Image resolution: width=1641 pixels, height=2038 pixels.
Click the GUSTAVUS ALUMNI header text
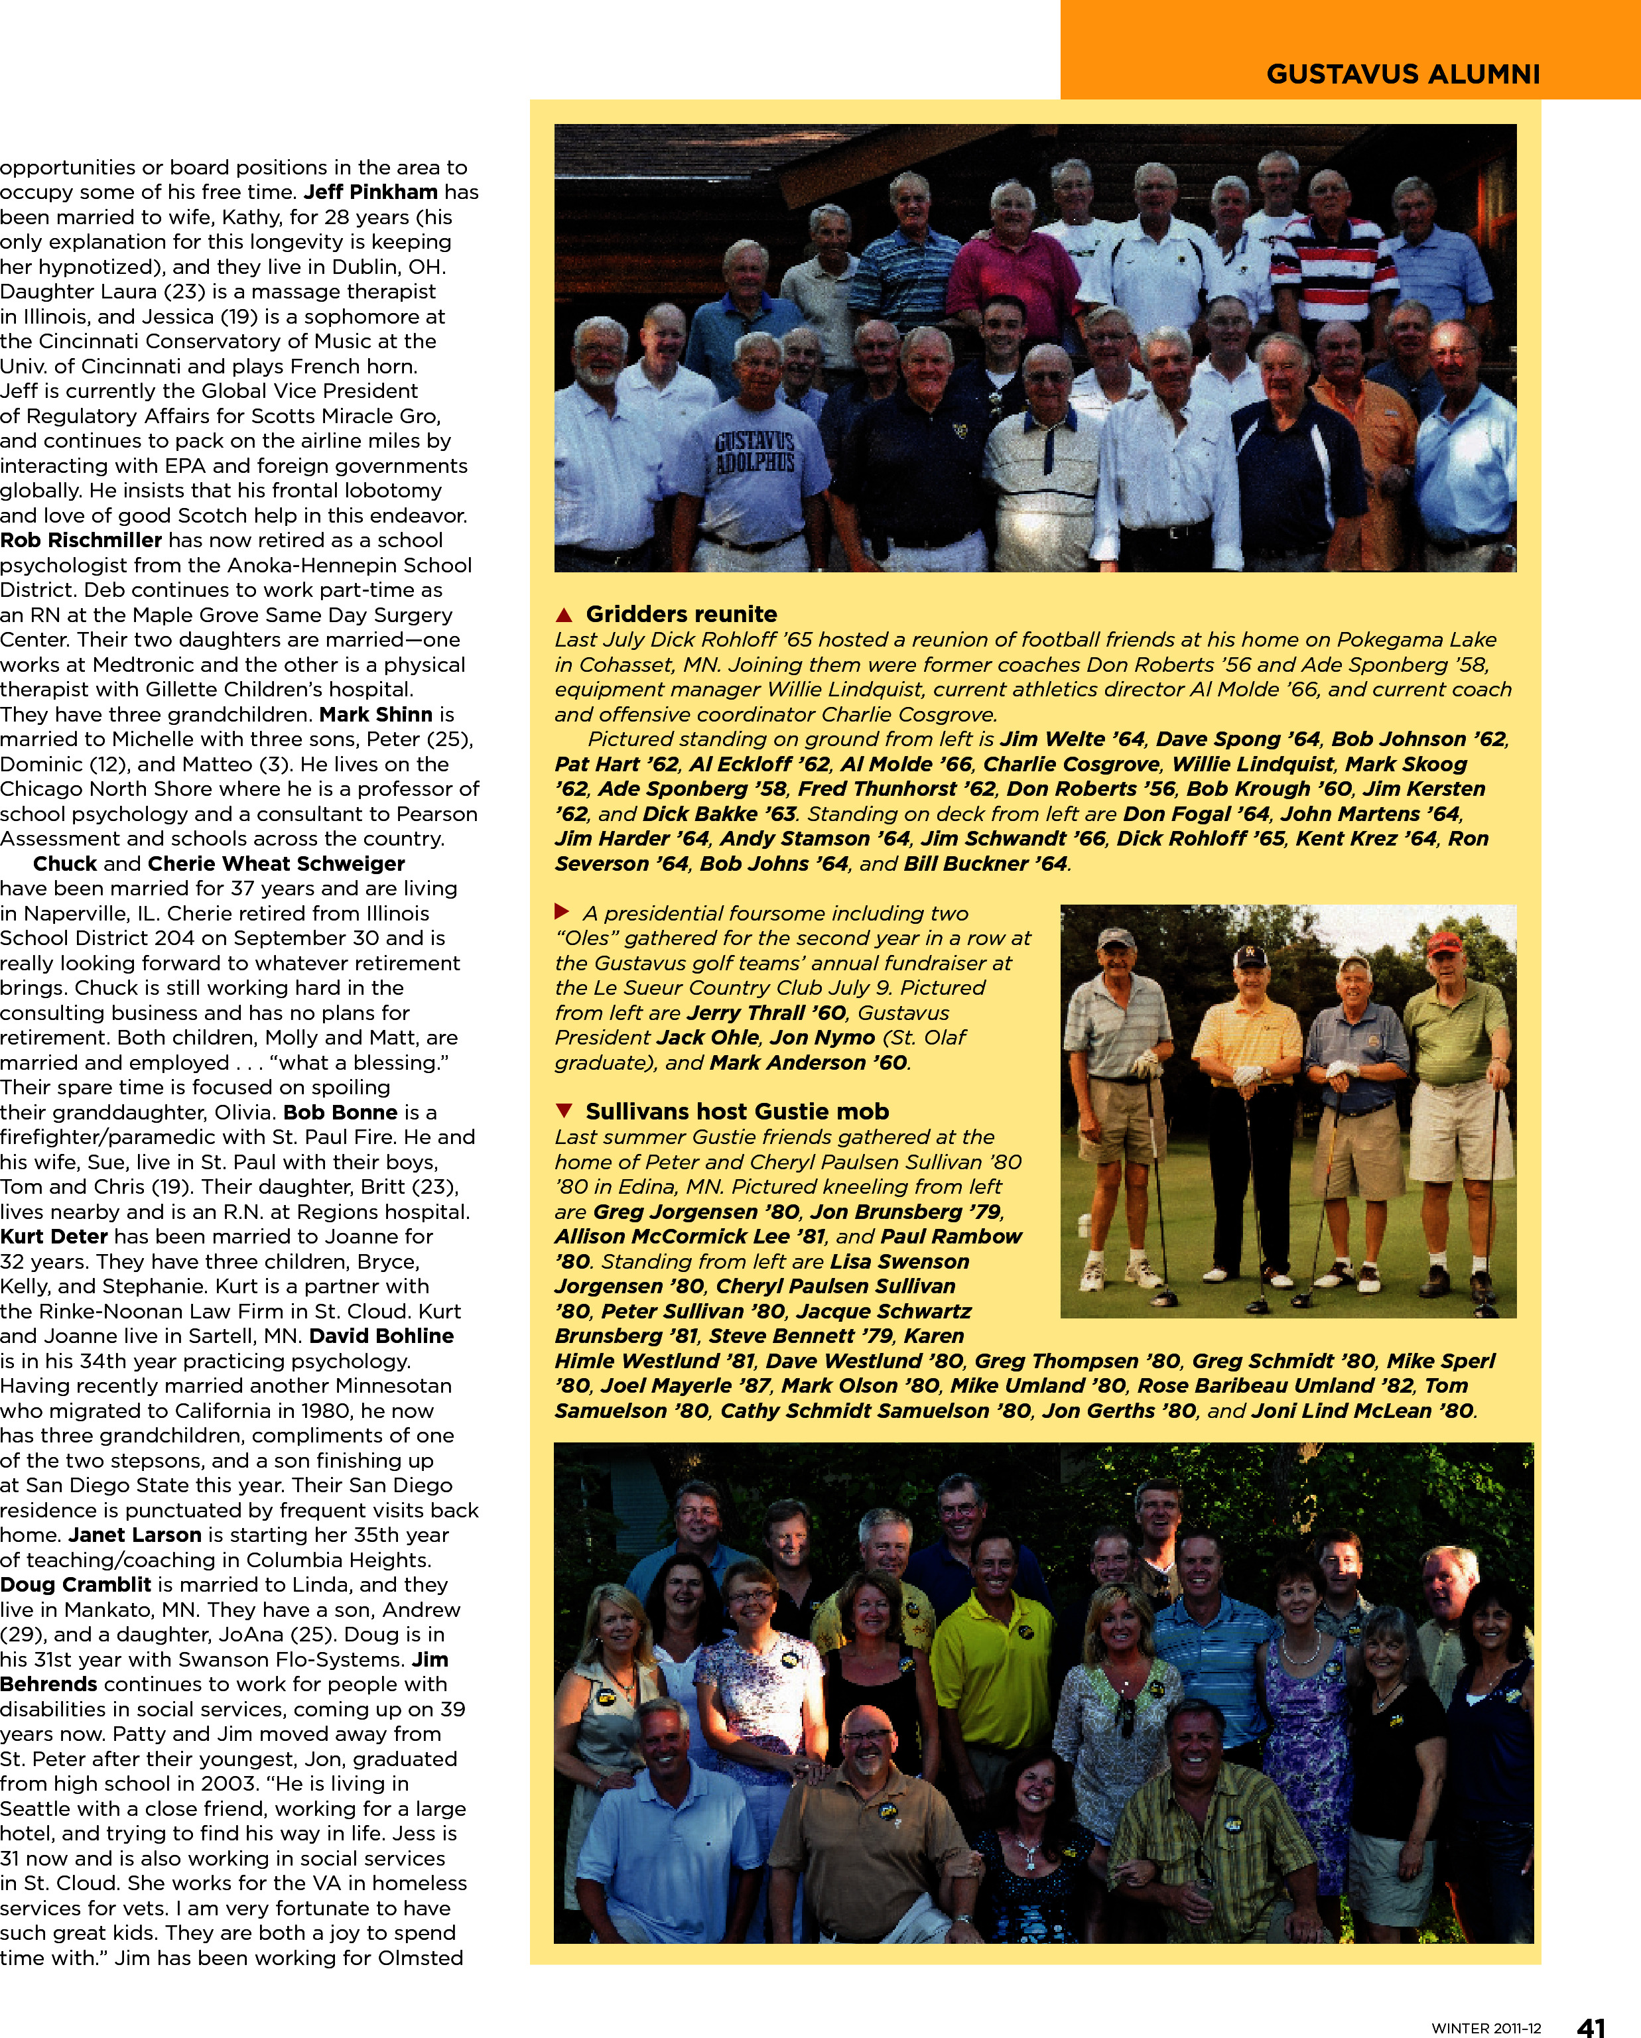point(1403,75)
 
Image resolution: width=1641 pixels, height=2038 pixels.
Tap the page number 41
point(1592,2024)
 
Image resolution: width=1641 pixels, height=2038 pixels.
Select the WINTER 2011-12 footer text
point(1485,2027)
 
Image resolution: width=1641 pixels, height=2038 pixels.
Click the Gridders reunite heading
point(681,613)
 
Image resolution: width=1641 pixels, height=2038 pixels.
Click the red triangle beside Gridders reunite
point(564,614)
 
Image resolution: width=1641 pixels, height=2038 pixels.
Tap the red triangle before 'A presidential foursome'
point(562,912)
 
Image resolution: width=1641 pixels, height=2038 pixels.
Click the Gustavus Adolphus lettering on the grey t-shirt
point(754,453)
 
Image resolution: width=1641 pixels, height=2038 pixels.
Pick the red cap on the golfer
point(1443,942)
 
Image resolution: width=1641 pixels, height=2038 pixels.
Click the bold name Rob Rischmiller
point(82,540)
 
